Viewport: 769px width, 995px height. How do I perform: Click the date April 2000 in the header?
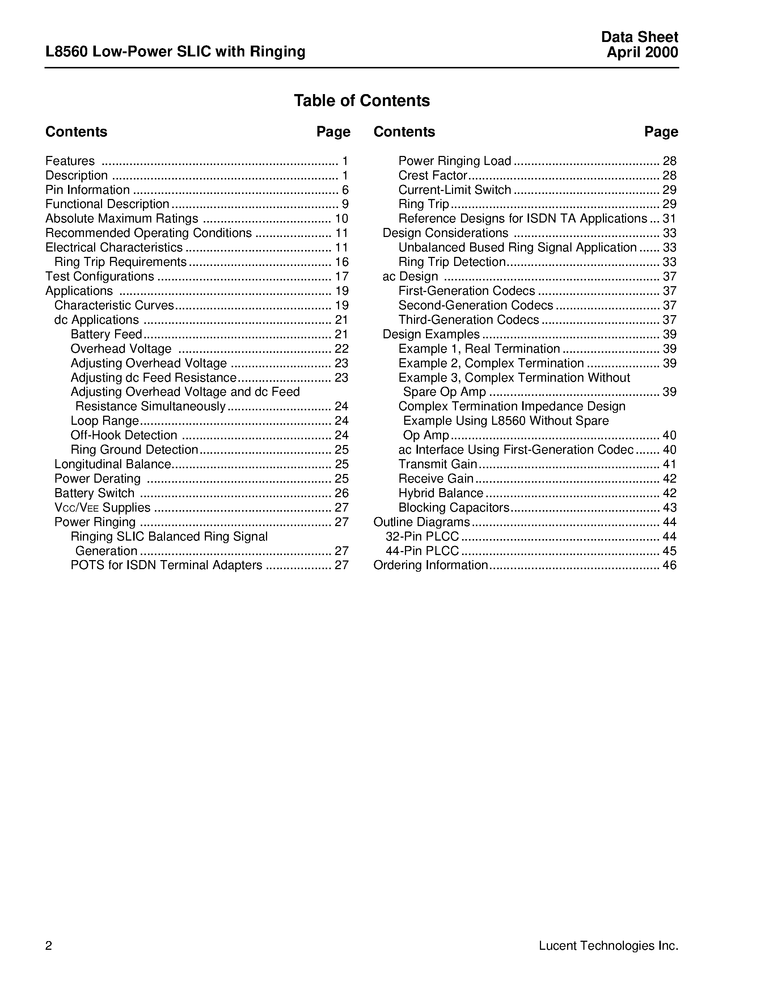(642, 52)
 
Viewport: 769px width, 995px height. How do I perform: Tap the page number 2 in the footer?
(49, 946)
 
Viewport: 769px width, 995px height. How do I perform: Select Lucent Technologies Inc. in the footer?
(608, 945)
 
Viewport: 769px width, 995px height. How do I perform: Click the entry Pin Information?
(88, 190)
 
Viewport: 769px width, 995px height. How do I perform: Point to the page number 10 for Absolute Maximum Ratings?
(341, 219)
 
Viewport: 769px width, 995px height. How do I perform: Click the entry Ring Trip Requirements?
(120, 262)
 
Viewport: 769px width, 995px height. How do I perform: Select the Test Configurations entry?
(100, 276)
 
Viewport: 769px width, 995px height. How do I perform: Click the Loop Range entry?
(104, 420)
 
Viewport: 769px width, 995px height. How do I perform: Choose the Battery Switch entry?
(94, 493)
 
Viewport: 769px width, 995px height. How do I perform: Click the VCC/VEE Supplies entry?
(102, 508)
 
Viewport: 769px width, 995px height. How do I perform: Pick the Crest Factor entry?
(432, 175)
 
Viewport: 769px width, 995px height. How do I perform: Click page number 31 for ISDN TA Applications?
(669, 219)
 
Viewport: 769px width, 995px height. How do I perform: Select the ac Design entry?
(410, 276)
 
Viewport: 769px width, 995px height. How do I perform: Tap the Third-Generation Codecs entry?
(468, 320)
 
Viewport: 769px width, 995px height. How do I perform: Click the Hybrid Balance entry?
(440, 493)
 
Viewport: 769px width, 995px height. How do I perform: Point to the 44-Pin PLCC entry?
(422, 551)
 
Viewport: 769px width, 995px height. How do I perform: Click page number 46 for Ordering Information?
(669, 566)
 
